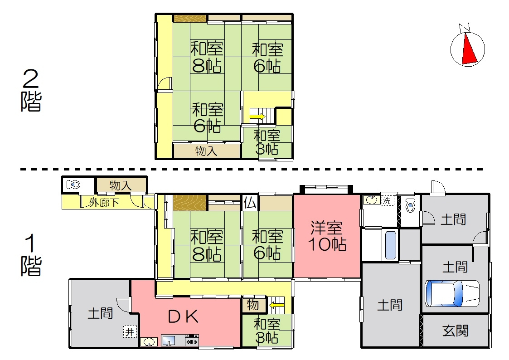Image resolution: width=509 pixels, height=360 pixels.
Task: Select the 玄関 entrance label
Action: [455, 331]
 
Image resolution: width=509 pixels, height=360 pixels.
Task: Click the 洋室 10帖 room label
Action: [328, 236]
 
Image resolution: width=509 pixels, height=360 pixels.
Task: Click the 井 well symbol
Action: [130, 332]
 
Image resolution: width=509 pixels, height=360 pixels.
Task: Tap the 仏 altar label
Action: [249, 203]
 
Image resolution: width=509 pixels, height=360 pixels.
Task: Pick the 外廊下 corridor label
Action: [104, 203]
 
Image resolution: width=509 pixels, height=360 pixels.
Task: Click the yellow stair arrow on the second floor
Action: [257, 117]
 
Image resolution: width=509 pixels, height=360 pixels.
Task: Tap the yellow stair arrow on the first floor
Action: [276, 305]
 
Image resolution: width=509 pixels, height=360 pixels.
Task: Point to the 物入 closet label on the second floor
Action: [206, 151]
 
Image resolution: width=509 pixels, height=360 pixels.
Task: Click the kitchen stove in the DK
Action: [192, 340]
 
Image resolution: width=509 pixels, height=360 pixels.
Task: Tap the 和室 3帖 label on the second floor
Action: [267, 141]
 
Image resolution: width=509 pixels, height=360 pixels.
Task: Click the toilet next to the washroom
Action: [411, 207]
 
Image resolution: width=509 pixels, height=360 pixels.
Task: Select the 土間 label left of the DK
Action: [100, 313]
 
